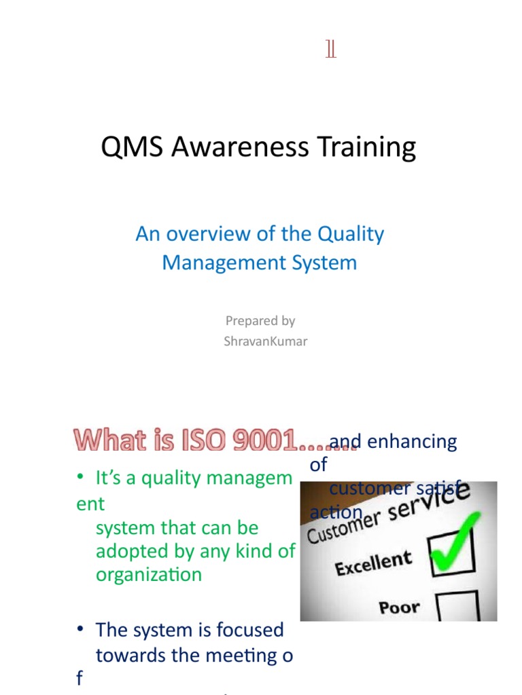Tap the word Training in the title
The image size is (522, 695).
[370, 147]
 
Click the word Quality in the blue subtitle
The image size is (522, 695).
[351, 234]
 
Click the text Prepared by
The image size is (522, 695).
[260, 320]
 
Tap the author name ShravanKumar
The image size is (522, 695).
[265, 341]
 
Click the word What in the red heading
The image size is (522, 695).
[105, 442]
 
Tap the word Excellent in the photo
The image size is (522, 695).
[373, 563]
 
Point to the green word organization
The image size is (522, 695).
[149, 574]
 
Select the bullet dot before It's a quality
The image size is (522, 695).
[80, 478]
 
